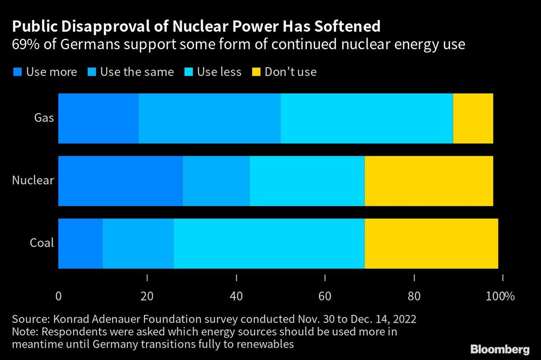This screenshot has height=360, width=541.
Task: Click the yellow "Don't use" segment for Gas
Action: pos(473,118)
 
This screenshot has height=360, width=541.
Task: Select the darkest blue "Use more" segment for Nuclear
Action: pos(120,181)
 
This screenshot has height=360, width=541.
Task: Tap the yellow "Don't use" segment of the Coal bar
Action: pos(431,243)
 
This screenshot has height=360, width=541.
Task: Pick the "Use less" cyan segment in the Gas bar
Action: pos(366,118)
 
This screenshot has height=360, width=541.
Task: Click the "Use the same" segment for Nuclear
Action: pos(216,181)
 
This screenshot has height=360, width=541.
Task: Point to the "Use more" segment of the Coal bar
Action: pos(80,243)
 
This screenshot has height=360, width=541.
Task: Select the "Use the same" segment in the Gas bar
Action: pos(209,118)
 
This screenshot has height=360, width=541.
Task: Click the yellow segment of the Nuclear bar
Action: pos(428,181)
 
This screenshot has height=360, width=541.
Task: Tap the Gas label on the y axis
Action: pos(44,118)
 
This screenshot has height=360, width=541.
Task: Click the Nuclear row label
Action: pos(33,181)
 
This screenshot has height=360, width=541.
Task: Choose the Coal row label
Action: pos(42,243)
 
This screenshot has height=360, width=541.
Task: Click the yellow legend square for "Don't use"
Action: pos(255,72)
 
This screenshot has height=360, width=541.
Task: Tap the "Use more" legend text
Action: pos(51,72)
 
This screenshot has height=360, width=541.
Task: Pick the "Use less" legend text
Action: pos(219,72)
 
